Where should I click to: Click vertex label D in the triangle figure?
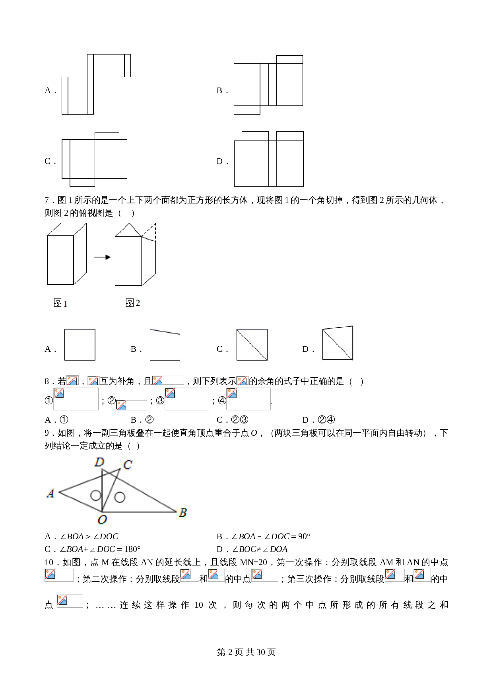(99, 462)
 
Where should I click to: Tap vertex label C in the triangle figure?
(128, 464)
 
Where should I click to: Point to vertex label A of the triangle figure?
(50, 493)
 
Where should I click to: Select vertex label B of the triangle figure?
(183, 513)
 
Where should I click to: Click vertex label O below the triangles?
(102, 520)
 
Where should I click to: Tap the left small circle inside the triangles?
(95, 495)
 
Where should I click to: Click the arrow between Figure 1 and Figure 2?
(103, 257)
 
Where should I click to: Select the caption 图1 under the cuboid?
(60, 303)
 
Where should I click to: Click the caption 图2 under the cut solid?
(133, 303)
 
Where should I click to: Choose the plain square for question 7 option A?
(80, 345)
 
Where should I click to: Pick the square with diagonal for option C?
(252, 345)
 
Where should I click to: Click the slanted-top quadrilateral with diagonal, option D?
(337, 343)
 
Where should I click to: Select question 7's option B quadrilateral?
(165, 345)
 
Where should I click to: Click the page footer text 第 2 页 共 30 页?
(246, 652)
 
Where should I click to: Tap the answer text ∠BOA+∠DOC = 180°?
(100, 549)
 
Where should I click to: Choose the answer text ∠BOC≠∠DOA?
(260, 549)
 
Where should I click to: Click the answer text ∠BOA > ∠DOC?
(89, 536)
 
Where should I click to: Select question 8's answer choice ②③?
(240, 420)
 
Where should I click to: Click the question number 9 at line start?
(47, 433)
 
